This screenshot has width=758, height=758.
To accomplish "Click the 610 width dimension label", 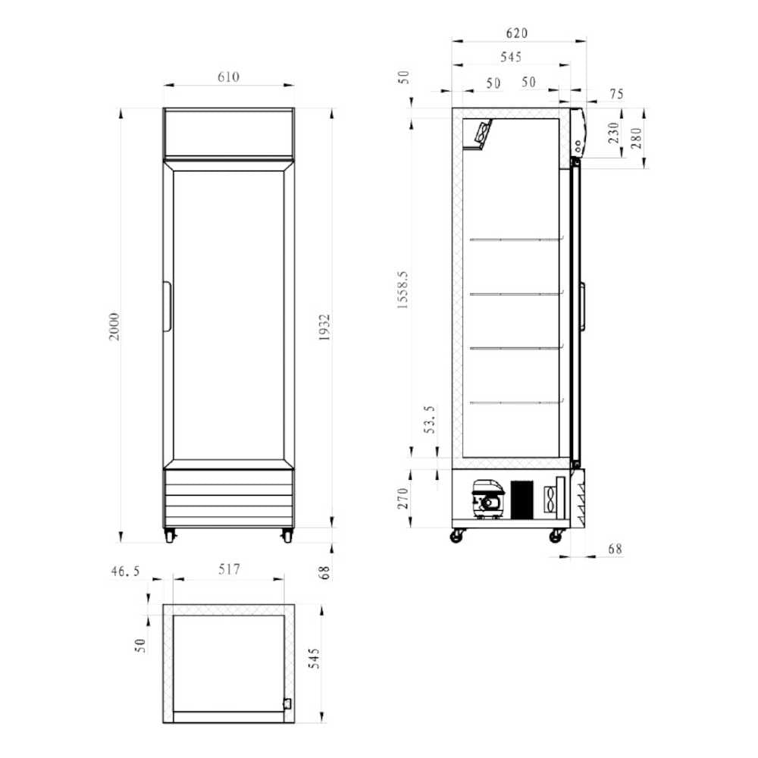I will point(228,77).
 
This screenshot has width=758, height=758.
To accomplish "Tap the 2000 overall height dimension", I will point(114,325).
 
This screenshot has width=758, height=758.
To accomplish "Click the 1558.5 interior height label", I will point(403,291).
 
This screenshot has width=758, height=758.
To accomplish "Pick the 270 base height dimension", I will point(403,498).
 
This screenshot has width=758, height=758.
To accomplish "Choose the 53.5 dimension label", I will point(430,419).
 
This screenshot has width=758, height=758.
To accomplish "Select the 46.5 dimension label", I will point(126,572).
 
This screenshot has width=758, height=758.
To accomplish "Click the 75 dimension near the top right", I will point(615,94).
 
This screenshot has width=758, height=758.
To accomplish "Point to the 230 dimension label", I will point(614,133).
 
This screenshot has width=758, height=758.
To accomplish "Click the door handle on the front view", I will point(166,307).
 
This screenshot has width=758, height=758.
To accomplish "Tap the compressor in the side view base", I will point(487,498).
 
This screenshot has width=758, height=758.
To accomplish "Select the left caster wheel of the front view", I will point(170,535).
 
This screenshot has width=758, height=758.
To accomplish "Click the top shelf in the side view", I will point(516,240).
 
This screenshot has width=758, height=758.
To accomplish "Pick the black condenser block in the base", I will point(522,499).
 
